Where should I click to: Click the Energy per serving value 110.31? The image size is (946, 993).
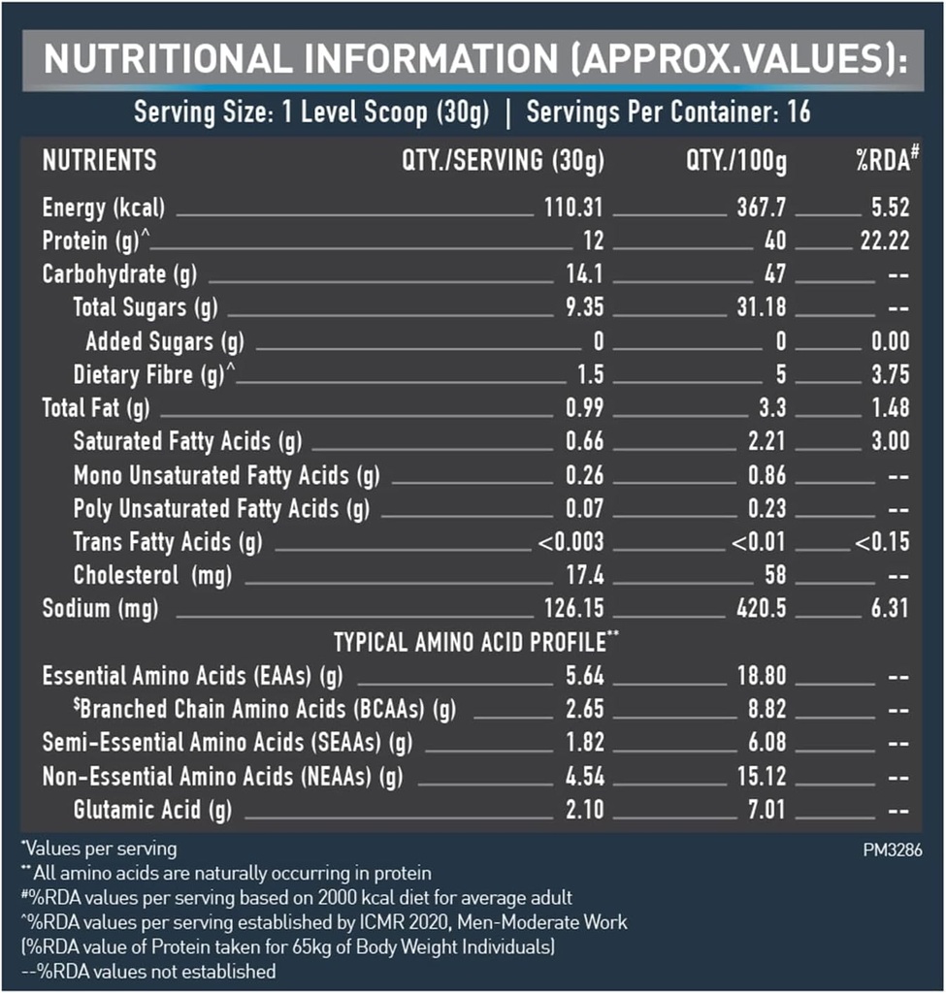click(x=572, y=208)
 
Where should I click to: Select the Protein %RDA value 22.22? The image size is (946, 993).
click(x=884, y=240)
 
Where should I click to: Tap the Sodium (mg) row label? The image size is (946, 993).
click(x=100, y=609)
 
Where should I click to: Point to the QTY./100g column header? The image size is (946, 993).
click(x=736, y=160)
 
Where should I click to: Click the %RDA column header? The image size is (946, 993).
click(x=886, y=160)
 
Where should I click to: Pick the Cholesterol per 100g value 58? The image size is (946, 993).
click(x=774, y=575)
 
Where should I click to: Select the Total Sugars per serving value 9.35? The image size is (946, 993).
click(x=584, y=307)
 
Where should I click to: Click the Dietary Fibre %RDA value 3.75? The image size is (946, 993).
click(x=890, y=375)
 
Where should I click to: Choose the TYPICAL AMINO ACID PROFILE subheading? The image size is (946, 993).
click(x=476, y=642)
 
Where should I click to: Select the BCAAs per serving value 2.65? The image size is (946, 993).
click(x=584, y=709)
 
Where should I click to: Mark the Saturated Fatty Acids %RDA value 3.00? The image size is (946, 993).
click(x=890, y=441)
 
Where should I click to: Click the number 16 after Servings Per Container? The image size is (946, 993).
click(x=799, y=112)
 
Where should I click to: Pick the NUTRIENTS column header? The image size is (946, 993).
click(x=99, y=160)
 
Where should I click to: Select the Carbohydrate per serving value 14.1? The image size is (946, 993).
click(x=584, y=274)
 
